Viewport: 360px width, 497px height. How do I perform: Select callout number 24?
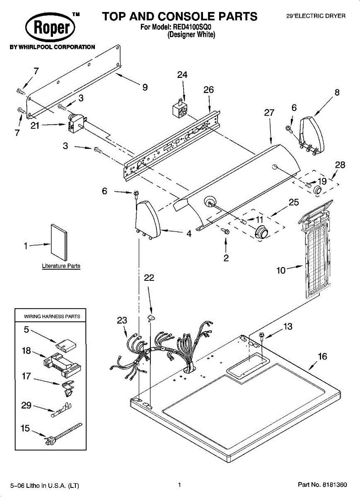pos(182,75)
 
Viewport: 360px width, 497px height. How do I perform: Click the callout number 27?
pos(269,113)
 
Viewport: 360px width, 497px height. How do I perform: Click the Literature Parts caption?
pos(61,266)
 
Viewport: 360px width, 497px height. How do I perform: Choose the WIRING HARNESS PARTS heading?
pos(52,316)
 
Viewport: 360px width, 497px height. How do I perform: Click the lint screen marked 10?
pos(316,248)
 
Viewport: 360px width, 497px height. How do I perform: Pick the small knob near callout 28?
pos(318,190)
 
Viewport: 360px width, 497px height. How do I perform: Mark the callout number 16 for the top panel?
pos(322,357)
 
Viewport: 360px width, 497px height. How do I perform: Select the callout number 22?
pos(149,278)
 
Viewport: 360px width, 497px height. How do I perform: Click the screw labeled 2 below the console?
pos(226,231)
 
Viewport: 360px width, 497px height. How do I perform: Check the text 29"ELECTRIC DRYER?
pos(316,16)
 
